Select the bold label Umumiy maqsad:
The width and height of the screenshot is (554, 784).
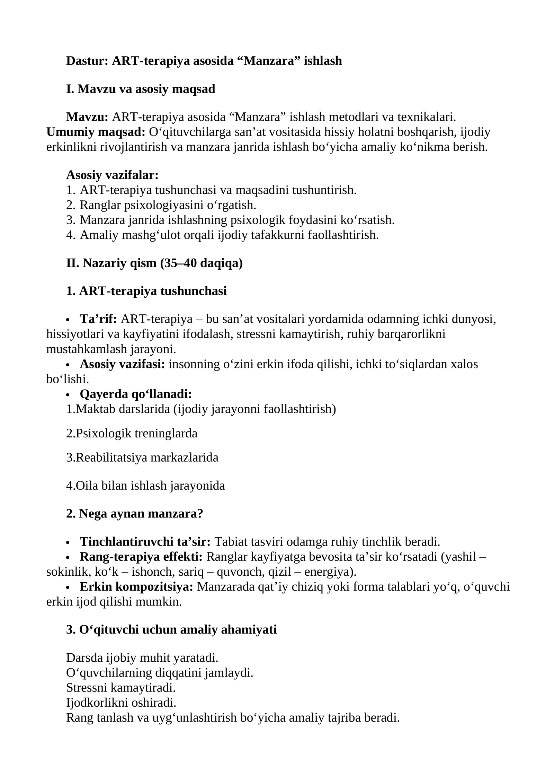pos(96,132)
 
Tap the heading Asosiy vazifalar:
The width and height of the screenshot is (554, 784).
pos(112,175)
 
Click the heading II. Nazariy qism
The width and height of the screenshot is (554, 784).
pos(111,263)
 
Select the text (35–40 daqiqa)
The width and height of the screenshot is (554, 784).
pos(201,263)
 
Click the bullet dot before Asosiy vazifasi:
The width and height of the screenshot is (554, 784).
pos(68,365)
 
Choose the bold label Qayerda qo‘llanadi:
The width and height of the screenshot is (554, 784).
pos(136,394)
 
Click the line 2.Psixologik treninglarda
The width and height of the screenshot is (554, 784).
pos(132,433)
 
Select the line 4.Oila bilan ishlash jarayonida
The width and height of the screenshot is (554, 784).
pos(145,486)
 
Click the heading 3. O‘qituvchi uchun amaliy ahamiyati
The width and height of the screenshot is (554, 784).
pos(171,629)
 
